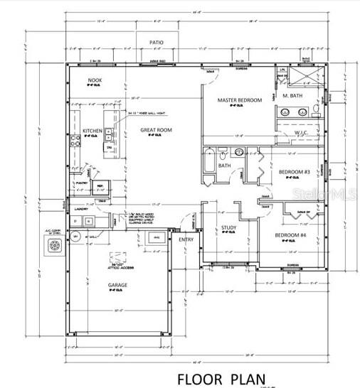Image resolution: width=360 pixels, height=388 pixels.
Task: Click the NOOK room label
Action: point(95,80)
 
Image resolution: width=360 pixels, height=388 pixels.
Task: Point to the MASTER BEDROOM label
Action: point(239,100)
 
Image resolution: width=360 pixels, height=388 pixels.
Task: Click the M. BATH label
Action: point(293,95)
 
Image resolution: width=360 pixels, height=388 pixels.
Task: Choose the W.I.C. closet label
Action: point(301,133)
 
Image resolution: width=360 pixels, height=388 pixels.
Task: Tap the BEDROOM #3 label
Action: point(293,172)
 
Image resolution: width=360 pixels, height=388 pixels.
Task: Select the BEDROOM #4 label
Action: point(291,235)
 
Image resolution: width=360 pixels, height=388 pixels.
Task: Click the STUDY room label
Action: point(228,227)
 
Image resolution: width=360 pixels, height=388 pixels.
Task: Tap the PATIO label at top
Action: point(157,43)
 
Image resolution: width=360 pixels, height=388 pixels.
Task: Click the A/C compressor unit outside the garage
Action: point(55,247)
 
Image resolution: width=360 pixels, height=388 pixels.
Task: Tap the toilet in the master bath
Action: point(316,111)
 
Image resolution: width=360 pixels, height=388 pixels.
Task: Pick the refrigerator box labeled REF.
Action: point(100,188)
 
